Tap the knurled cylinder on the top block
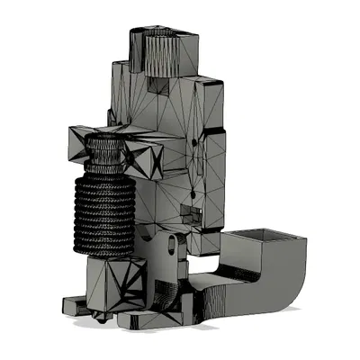pos(162,49)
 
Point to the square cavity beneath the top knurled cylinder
pos(158,86)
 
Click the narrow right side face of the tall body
pos(216,180)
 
